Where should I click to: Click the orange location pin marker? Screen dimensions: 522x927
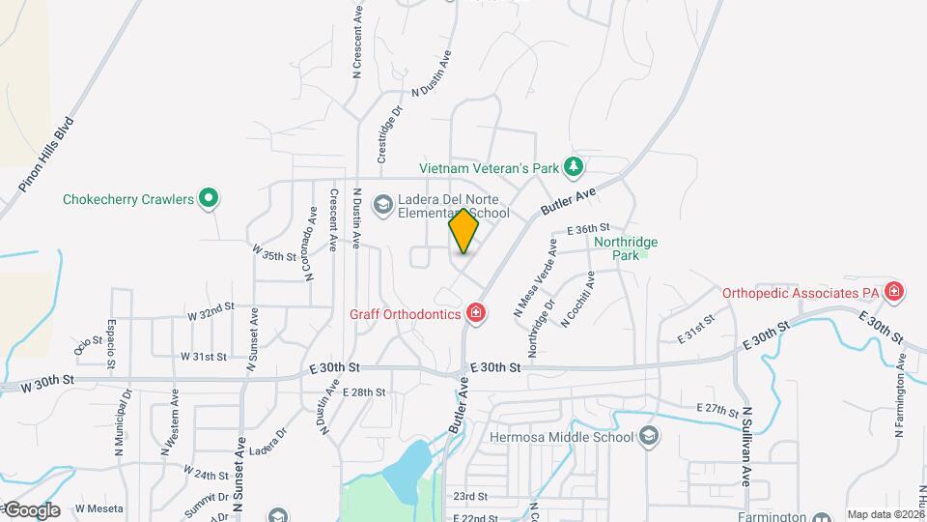click(x=463, y=230)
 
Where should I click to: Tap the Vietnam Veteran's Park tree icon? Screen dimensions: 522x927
click(x=574, y=167)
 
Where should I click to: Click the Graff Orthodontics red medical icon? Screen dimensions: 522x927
click(x=474, y=312)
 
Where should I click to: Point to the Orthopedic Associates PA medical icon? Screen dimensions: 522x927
click(x=894, y=291)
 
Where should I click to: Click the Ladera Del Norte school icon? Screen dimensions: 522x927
click(x=382, y=203)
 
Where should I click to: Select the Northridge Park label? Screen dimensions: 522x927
click(x=617, y=248)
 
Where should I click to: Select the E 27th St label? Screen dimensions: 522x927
click(x=716, y=409)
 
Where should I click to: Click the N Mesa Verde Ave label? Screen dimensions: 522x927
click(x=536, y=279)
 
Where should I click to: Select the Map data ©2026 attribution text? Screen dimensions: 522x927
click(x=885, y=514)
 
